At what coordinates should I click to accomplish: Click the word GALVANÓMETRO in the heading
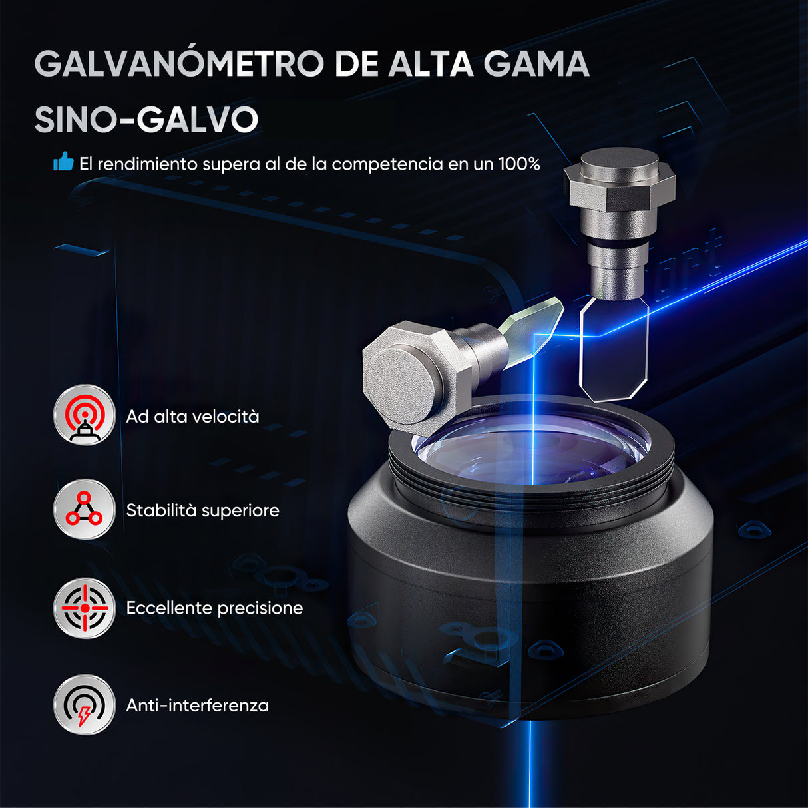point(179,64)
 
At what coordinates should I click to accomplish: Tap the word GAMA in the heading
point(536,64)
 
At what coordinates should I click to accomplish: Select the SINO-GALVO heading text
point(146,120)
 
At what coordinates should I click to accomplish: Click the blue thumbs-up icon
point(63,162)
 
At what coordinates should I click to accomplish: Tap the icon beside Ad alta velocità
point(85,415)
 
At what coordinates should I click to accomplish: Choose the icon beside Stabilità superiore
point(85,510)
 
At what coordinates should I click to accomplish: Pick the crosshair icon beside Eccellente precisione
point(85,608)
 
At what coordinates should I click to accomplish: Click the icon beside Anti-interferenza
point(85,705)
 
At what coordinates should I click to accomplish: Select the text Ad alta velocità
point(192,417)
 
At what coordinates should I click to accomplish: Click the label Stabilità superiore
point(202,510)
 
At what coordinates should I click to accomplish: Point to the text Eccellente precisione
point(214,608)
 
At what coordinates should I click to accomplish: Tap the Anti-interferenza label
point(198,706)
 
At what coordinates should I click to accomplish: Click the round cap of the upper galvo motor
point(619,163)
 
